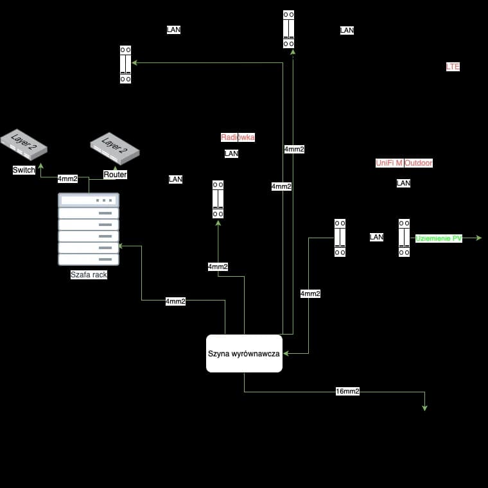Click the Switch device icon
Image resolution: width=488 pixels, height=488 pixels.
pos(24,144)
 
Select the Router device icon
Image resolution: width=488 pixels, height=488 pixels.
pos(115,149)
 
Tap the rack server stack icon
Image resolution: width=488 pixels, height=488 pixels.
pos(89,229)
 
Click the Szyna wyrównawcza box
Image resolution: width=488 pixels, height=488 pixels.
pos(244,353)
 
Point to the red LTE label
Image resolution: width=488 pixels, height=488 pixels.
pos(453,67)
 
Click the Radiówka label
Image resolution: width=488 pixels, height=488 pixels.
pos(238,137)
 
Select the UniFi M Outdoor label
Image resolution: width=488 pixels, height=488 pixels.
pos(404,163)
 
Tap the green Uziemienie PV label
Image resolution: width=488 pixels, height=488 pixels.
pos(439,238)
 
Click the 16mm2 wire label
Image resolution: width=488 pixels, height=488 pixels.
pos(347,391)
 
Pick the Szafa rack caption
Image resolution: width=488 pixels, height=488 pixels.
pos(89,275)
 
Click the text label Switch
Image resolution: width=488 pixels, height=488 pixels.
pos(24,170)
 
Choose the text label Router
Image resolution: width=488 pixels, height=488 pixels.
pos(115,175)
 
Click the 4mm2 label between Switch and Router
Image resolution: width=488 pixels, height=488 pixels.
pos(67,179)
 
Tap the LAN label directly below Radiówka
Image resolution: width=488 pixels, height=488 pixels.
pos(231,153)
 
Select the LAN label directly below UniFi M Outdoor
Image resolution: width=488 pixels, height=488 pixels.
pos(403,183)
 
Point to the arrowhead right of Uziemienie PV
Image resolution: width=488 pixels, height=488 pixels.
pos(478,238)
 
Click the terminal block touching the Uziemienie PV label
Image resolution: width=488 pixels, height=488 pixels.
pos(404,238)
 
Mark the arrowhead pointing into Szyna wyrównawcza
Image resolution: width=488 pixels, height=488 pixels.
pos(286,353)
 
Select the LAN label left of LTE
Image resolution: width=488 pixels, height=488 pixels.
pos(347,30)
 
